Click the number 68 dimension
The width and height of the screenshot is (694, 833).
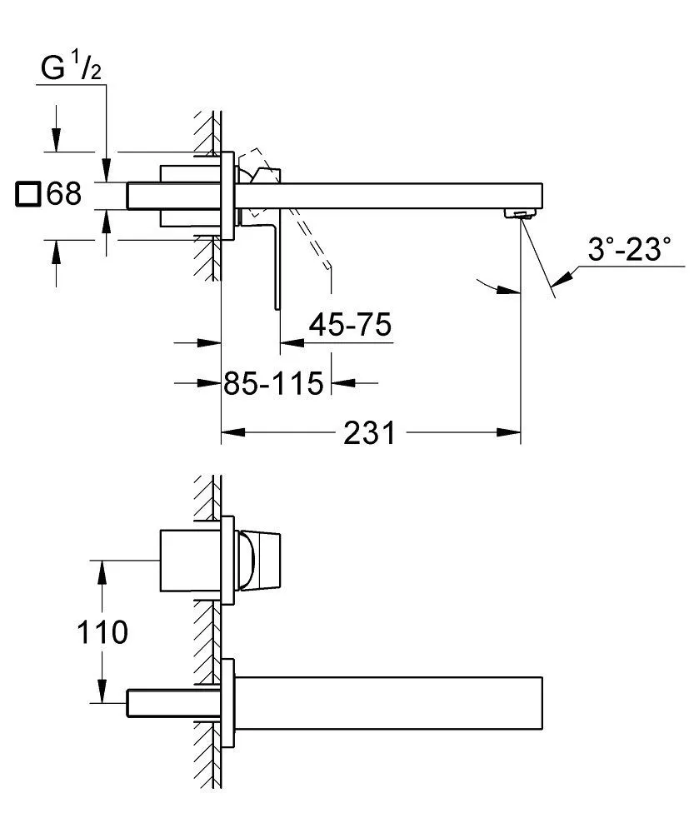pos(63,195)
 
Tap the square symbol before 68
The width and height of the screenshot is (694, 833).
pos(28,195)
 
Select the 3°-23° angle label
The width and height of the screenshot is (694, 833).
pos(629,247)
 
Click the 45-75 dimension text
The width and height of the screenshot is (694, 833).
pos(349,325)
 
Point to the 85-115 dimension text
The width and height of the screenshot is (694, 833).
pos(272,384)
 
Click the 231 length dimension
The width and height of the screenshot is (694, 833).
pos(369,434)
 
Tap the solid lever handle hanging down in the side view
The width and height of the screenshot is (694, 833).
pos(275,267)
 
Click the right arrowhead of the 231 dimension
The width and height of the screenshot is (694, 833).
pos(510,432)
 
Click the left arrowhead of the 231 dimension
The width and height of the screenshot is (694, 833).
pos(232,432)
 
